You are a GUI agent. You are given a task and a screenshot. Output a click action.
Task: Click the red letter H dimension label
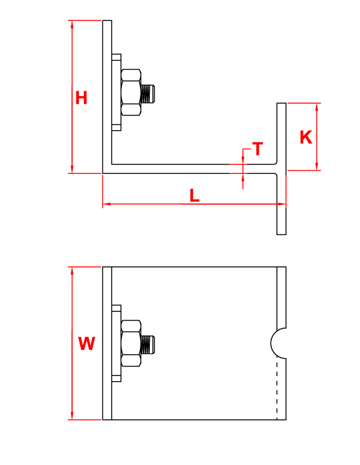coord(81,98)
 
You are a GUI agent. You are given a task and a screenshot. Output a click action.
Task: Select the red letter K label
coord(306,138)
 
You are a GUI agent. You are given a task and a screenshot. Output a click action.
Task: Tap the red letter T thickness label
coord(258,149)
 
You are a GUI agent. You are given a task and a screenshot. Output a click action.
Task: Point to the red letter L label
coord(195,195)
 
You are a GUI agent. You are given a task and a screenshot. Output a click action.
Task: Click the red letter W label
coord(86,344)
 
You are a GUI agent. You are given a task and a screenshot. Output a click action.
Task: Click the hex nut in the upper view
coord(131,93)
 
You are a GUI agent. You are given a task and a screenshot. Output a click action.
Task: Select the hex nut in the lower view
coord(131,344)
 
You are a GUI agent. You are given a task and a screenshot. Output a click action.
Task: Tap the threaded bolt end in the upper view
coord(148,94)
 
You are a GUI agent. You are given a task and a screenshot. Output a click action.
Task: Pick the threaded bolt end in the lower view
coord(148,345)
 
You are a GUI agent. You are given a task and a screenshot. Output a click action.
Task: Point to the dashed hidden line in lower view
coord(277,389)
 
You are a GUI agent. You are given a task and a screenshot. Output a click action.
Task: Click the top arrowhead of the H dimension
coord(72,24)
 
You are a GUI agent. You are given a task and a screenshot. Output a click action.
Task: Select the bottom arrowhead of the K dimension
coord(317,167)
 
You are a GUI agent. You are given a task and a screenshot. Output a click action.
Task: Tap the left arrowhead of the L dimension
coord(107,204)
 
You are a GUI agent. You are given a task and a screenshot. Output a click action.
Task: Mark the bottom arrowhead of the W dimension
coord(72,416)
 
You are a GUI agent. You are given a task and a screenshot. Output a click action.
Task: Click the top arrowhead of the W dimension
coord(72,271)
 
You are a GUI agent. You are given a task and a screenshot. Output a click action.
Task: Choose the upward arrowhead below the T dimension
coord(243,177)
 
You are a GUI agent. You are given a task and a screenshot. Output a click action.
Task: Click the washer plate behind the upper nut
coord(117,93)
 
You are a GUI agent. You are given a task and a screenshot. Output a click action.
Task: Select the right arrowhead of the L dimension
coord(282,204)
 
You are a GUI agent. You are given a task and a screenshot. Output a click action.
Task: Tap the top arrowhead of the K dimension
coord(317,107)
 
